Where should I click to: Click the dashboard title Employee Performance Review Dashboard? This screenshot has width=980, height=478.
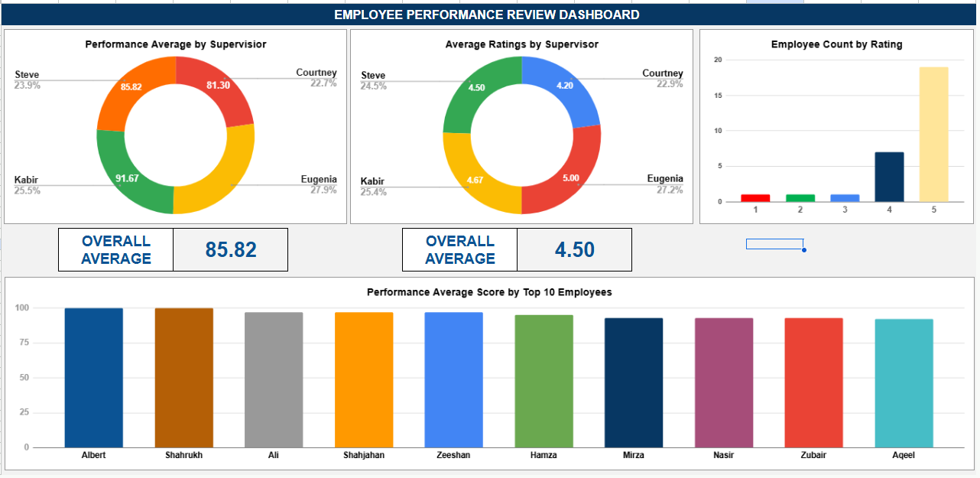[486, 15]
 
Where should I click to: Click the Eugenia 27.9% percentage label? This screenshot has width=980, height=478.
[323, 190]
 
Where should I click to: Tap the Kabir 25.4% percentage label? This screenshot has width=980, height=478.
[373, 192]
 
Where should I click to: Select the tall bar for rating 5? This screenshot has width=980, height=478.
[933, 135]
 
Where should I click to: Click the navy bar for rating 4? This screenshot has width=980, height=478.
[889, 177]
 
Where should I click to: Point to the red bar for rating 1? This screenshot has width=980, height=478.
[755, 198]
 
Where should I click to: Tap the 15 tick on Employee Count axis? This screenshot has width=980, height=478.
[718, 96]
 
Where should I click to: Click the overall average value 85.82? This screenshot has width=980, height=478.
[231, 249]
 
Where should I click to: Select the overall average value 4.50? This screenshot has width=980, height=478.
[574, 249]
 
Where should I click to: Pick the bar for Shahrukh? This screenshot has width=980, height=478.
[183, 378]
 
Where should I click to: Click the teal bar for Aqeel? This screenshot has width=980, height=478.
[904, 383]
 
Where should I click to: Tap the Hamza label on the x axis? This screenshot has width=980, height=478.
[544, 455]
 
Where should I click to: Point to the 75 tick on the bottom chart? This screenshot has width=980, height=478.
[24, 343]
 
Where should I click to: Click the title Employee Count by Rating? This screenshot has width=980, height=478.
[836, 44]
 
